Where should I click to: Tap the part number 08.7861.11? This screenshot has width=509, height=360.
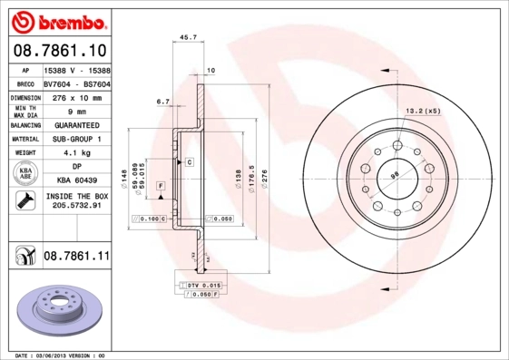pyautogui.click(x=76, y=258)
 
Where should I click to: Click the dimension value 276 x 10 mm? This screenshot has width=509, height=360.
pyautogui.click(x=76, y=96)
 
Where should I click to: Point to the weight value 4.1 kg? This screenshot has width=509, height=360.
pyautogui.click(x=76, y=154)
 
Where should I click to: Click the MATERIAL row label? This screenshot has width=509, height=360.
pyautogui.click(x=24, y=140)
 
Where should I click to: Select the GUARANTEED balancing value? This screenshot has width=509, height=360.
pyautogui.click(x=76, y=125)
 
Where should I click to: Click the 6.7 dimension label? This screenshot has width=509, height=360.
pyautogui.click(x=163, y=102)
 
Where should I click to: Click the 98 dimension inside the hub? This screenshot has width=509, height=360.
pyautogui.click(x=395, y=174)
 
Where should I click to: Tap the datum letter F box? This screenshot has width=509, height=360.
pyautogui.click(x=161, y=185)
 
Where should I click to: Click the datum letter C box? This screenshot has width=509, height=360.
pyautogui.click(x=190, y=161)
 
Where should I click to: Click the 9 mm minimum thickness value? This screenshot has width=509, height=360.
pyautogui.click(x=76, y=111)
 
